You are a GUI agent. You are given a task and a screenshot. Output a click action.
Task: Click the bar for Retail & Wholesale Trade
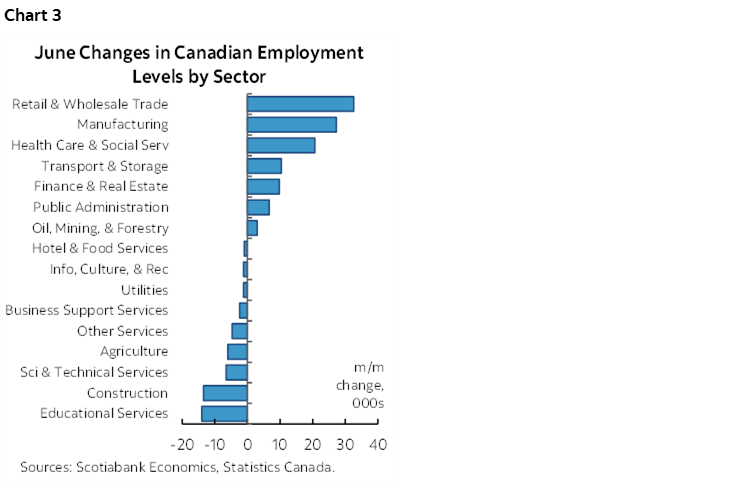[x=300, y=104]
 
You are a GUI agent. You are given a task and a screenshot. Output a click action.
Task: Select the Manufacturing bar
[x=291, y=125]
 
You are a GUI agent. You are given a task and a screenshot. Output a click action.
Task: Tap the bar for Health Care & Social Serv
[x=281, y=145]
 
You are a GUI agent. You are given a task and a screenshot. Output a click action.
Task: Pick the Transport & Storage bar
[x=264, y=166]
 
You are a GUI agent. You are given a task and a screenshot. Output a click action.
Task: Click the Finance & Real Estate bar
[x=263, y=187]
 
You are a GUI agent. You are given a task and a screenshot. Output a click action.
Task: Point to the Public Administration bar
[x=258, y=207]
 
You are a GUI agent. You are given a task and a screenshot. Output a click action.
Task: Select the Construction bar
[x=225, y=393]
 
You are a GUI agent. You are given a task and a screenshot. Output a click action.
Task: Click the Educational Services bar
[x=224, y=414]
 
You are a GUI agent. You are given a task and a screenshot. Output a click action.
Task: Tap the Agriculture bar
[x=237, y=352]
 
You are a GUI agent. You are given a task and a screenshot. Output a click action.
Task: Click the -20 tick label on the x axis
[x=182, y=444]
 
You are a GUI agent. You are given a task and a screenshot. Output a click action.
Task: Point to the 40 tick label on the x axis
[x=378, y=444]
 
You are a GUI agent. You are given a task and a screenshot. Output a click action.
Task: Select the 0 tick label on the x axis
[x=247, y=444]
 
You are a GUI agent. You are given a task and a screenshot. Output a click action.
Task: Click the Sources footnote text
[x=177, y=467]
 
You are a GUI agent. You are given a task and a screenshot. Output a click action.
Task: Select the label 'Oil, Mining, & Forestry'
[x=100, y=228]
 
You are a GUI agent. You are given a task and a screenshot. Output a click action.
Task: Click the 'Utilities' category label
[x=144, y=290]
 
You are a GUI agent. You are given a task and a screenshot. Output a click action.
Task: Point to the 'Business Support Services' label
[x=87, y=310]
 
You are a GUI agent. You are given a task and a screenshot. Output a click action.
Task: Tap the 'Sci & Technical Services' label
[x=94, y=372]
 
